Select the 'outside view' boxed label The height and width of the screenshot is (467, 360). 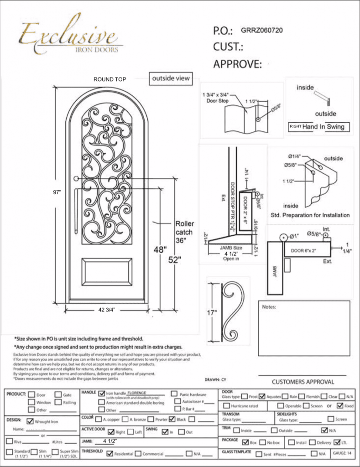pyautogui.click(x=171, y=78)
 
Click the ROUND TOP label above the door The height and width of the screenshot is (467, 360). pyautogui.click(x=110, y=79)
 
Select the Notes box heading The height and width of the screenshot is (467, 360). pyautogui.click(x=269, y=307)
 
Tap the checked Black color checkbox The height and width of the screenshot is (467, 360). pyautogui.click(x=172, y=419)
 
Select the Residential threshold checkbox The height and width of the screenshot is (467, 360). pyautogui.click(x=110, y=454)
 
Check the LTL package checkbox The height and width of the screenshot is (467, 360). pyautogui.click(x=337, y=442)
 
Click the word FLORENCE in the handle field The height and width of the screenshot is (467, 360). pyautogui.click(x=140, y=392)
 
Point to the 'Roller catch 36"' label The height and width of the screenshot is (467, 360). pyautogui.click(x=184, y=232)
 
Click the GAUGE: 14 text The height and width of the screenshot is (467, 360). pyautogui.click(x=342, y=453)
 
